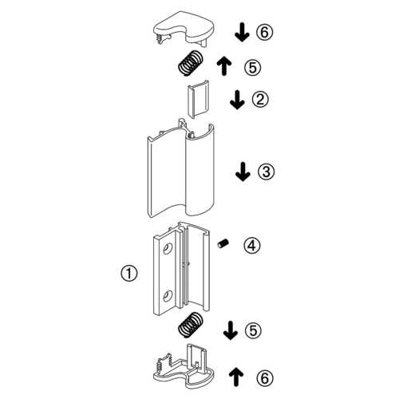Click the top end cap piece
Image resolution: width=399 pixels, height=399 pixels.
coord(184,28)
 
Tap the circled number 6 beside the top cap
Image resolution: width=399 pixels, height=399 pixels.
coord(265,32)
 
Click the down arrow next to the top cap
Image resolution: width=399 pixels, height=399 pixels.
coord(242,32)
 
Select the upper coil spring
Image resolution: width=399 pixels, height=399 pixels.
coord(190,63)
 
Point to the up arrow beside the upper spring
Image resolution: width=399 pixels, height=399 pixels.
coord(224,66)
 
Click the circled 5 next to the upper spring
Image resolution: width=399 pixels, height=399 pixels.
coord(253,67)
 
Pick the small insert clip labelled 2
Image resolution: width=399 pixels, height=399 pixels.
coord(198,99)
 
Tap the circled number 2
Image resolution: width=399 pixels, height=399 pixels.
coord(260,99)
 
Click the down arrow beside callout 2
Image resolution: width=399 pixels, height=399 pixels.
coord(237,100)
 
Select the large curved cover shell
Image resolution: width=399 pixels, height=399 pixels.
coord(181,170)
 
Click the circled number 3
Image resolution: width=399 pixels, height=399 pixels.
coord(266,172)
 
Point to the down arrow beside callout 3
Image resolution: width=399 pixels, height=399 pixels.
coord(243,172)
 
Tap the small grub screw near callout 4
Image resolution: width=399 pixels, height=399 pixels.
coord(223,243)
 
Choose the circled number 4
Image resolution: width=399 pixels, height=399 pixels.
coord(252,245)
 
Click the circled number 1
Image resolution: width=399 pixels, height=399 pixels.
coord(129,273)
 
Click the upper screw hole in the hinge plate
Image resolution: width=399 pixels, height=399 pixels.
coord(168,248)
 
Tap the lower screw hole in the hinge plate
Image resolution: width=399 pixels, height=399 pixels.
coord(168,296)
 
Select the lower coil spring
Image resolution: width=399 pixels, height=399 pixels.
coord(190,325)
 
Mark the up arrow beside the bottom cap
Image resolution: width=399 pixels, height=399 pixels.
coord(236,377)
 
